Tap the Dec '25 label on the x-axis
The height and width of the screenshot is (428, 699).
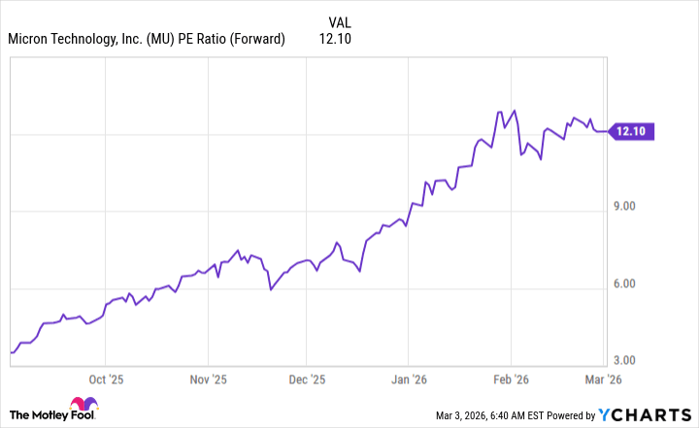tap(308, 379)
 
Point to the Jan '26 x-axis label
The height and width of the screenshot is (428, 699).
tap(410, 379)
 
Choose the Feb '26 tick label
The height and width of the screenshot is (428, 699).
tap(512, 379)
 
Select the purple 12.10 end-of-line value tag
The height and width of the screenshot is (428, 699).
tap(633, 131)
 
